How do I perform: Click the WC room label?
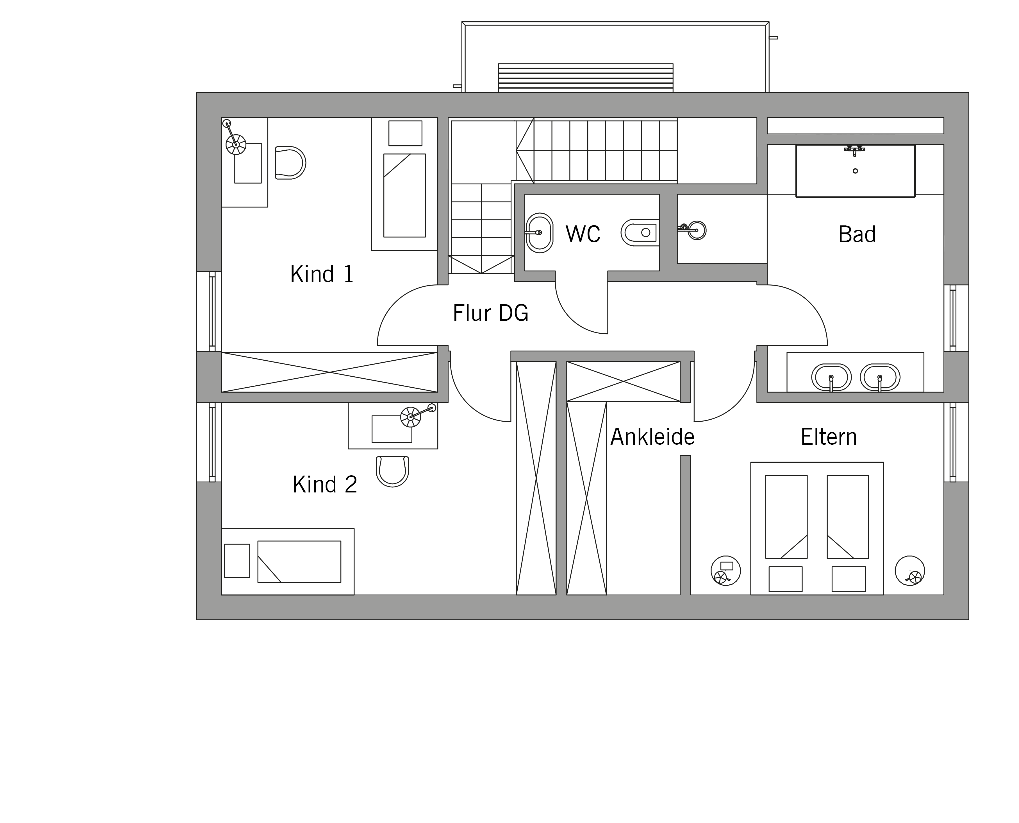click(583, 234)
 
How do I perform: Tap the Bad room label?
click(857, 234)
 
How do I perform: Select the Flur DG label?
click(490, 313)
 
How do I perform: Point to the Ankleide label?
click(652, 437)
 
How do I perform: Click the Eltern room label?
click(829, 437)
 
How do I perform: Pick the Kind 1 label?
click(322, 274)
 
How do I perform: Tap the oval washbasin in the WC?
click(540, 233)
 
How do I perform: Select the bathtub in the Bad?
click(855, 171)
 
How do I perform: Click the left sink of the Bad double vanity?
click(831, 377)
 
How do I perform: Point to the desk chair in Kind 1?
click(290, 163)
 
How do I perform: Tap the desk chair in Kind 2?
click(392, 471)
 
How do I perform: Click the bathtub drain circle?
click(855, 171)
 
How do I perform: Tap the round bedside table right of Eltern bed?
click(909, 570)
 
